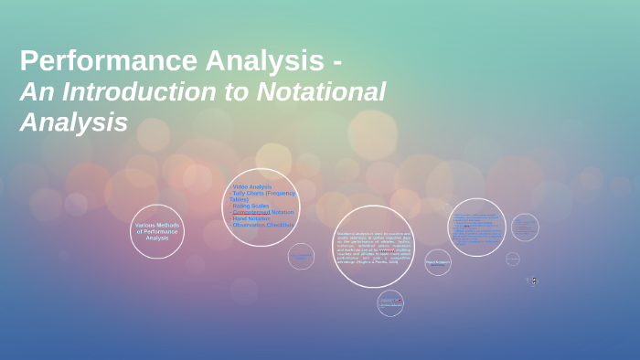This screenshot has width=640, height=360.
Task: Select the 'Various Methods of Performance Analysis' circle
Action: [157, 231]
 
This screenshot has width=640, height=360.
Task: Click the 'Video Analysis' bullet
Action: [252, 186]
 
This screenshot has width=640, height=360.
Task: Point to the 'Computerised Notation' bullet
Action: [263, 212]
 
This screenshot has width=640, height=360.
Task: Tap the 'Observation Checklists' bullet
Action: [263, 225]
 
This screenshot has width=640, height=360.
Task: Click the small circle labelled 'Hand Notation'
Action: [437, 262]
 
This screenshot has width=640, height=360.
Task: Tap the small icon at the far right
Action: [534, 281]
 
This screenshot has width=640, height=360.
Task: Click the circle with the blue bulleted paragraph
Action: [476, 227]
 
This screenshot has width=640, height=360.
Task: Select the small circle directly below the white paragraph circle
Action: [390, 302]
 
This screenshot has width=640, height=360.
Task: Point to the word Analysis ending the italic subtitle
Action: [73, 122]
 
